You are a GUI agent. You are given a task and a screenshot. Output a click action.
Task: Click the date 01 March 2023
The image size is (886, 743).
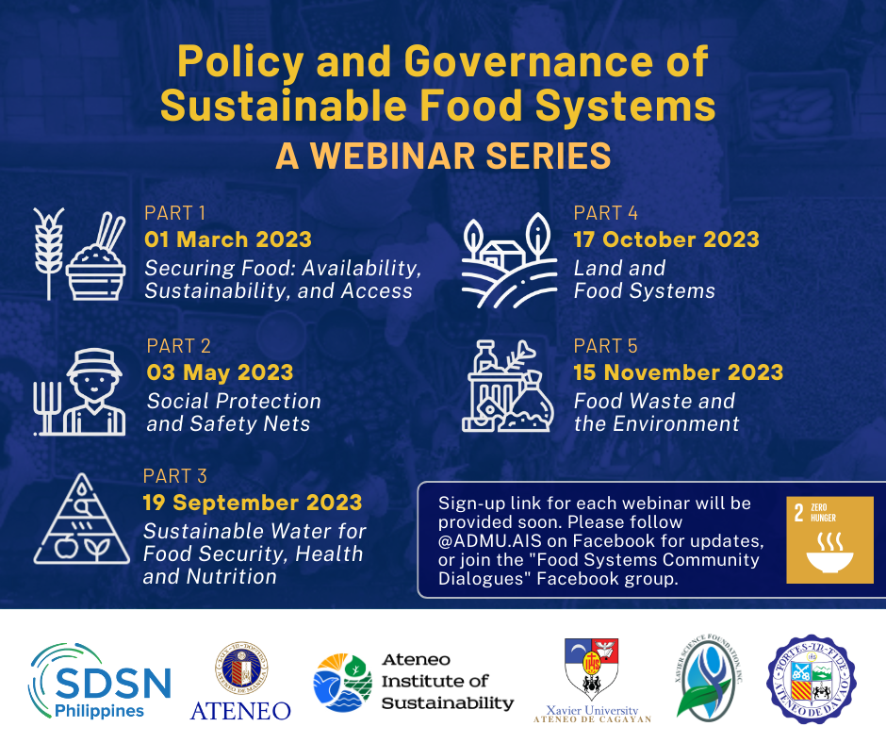pos(227,239)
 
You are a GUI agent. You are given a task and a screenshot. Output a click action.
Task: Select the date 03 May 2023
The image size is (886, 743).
pos(220,372)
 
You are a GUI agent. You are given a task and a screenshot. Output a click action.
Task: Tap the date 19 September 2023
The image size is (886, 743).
pos(252,503)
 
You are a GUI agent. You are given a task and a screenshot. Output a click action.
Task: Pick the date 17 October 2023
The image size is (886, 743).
pos(665,239)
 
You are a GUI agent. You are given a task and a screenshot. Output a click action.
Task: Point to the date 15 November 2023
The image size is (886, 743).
pos(678,372)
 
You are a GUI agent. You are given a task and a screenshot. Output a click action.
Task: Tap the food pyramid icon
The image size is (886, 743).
pos(81,520)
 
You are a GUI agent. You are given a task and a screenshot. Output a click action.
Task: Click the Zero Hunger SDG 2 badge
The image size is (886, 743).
pos(829,540)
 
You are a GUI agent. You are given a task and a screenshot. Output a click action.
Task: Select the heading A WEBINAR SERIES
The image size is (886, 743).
pos(442,156)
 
